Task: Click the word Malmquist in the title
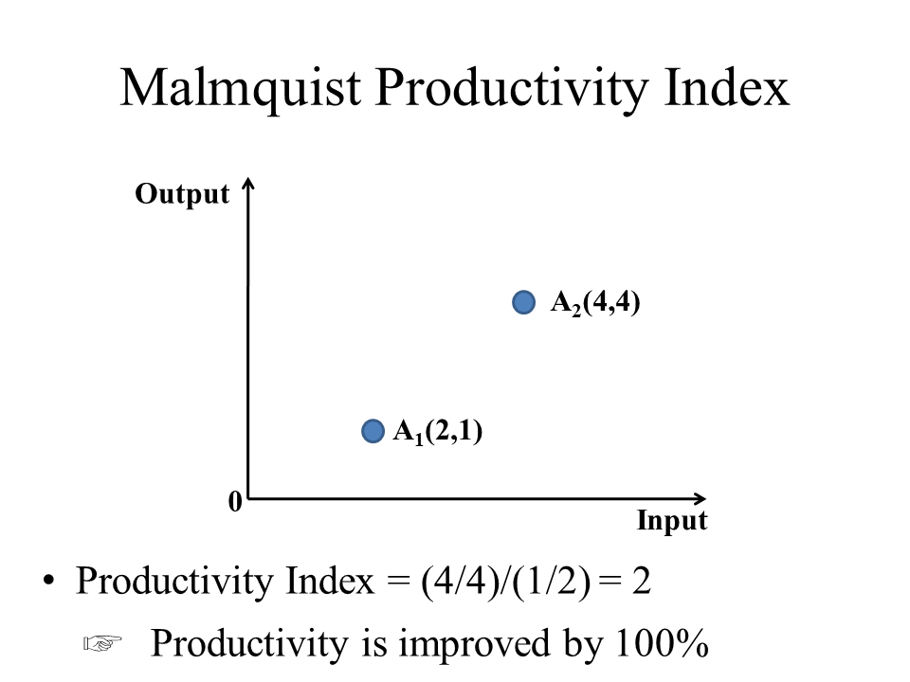[240, 88]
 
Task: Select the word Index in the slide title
[726, 87]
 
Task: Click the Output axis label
[182, 194]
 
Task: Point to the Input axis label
[672, 520]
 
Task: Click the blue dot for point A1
[373, 431]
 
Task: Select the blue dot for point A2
[523, 302]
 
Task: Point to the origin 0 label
[235, 502]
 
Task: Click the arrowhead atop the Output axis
[248, 182]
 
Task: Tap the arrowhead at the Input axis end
[700, 498]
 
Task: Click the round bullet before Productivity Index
[48, 580]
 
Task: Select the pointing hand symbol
[102, 643]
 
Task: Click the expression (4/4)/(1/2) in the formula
[505, 582]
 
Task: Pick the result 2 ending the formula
[642, 581]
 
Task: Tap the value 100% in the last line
[662, 643]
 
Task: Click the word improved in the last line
[474, 644]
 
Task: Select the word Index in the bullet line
[330, 581]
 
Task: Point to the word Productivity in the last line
[250, 644]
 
